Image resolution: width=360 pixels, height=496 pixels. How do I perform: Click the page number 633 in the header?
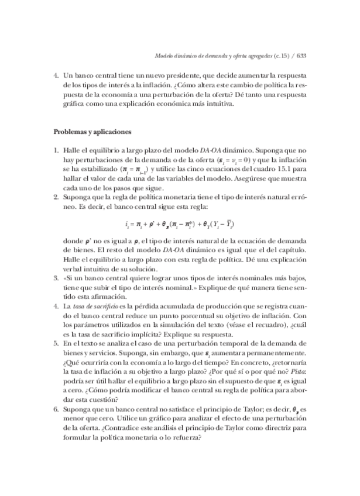(302, 56)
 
